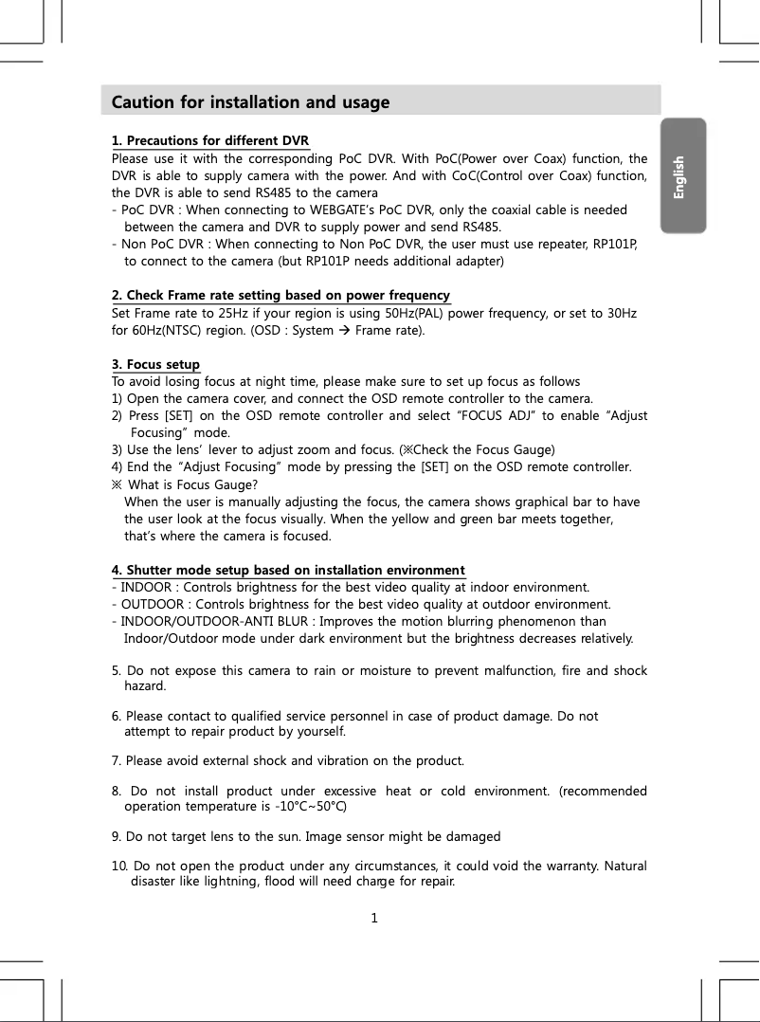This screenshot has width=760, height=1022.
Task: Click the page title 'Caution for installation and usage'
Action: click(x=250, y=102)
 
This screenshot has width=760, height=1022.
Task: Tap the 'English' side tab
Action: click(x=679, y=176)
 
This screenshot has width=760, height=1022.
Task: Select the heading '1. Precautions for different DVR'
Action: click(x=210, y=142)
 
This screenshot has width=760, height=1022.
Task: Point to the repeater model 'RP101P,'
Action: click(x=615, y=244)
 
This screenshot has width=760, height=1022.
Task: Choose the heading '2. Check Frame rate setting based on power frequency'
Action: click(x=280, y=296)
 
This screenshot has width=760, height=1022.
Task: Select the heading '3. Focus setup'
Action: click(x=155, y=365)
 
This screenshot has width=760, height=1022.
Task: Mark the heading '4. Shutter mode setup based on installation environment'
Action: click(x=288, y=570)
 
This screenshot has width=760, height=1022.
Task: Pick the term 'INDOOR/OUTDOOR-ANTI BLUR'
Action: click(x=217, y=621)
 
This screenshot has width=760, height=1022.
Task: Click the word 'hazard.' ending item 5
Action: click(x=145, y=685)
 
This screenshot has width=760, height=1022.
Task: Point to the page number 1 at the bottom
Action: click(x=374, y=917)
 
